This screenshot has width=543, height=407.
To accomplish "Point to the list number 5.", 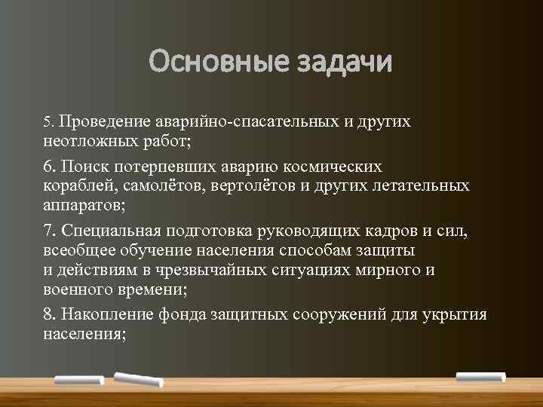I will (x=48, y=121).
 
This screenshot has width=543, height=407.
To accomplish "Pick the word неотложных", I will (x=84, y=141).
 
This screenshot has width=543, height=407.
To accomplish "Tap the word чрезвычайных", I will (x=200, y=270).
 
